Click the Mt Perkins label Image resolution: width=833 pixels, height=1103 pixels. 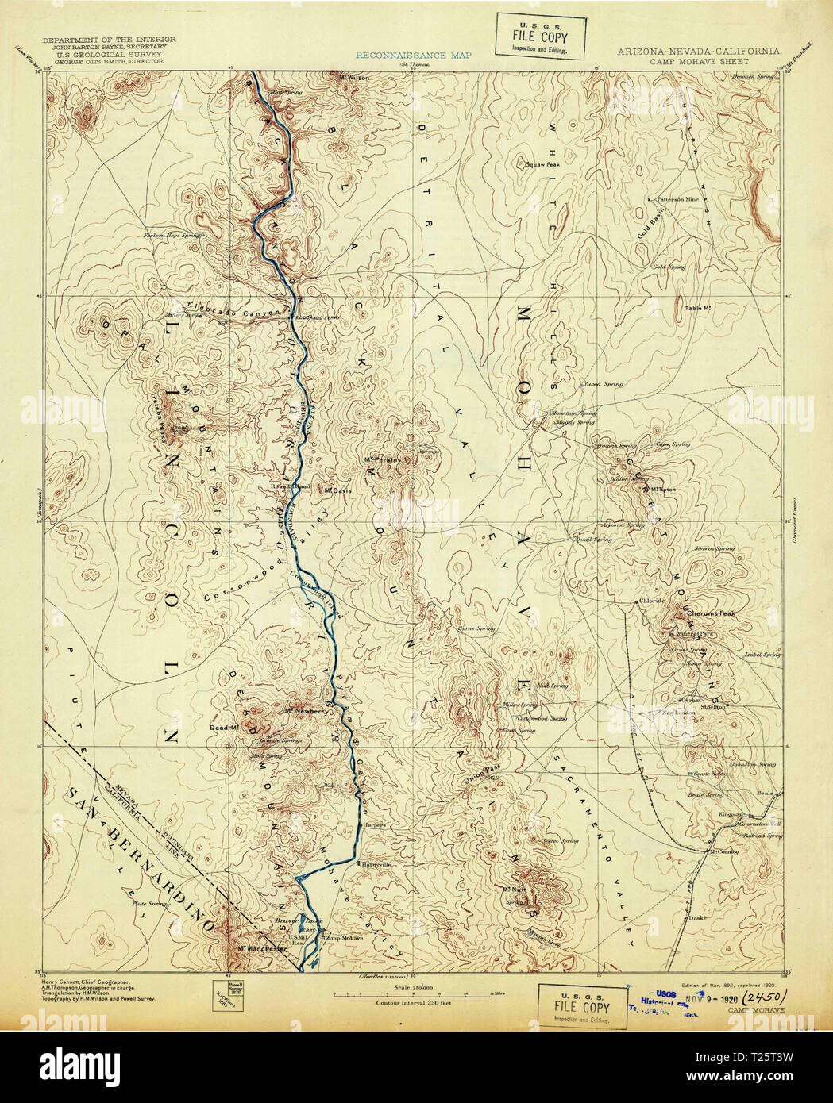coord(380,459)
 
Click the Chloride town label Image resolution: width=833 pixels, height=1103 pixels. coord(651,601)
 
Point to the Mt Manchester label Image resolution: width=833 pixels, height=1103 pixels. coord(262,948)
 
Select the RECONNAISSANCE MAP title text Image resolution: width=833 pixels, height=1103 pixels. coord(413,55)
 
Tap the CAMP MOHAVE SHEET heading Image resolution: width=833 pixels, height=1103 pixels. coord(698,60)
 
